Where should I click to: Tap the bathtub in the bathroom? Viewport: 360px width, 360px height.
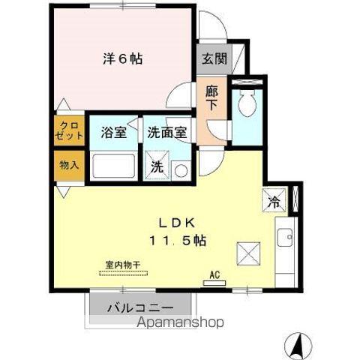(x=112, y=166)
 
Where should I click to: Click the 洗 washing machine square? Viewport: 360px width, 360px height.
(x=157, y=167)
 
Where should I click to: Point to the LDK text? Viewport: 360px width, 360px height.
(x=176, y=223)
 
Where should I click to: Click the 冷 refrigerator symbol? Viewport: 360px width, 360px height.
(x=274, y=201)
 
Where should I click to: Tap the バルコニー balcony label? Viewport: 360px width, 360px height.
(x=140, y=307)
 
